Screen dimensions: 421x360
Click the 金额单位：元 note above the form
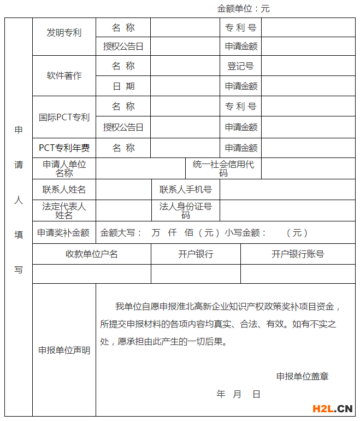[243, 8]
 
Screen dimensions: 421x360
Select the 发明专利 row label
[64, 33]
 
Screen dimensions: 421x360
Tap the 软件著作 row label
[64, 75]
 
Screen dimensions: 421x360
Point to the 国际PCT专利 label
[64, 118]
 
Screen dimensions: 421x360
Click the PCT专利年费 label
[64, 148]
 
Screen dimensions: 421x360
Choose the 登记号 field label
[240, 66]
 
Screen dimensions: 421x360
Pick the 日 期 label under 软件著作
[123, 86]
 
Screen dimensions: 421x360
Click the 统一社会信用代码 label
[223, 168]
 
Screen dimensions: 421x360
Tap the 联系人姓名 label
[64, 190]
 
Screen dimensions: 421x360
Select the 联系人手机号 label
[186, 190]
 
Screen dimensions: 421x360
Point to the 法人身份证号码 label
[186, 210]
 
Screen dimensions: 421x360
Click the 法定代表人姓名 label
[64, 210]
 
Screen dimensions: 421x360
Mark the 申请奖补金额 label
[63, 232]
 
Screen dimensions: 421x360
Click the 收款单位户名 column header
[91, 254]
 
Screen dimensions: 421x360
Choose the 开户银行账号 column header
[298, 254]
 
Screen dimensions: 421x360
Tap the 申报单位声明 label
[64, 350]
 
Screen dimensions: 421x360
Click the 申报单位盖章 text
[302, 376]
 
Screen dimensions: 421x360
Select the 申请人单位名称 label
[64, 168]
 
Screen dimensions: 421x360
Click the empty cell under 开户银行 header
[196, 273]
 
